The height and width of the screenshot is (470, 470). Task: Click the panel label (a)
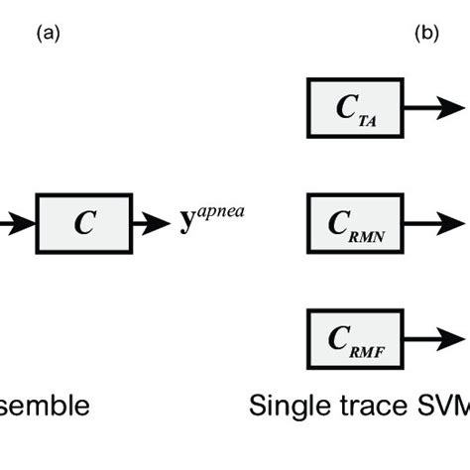tap(48, 33)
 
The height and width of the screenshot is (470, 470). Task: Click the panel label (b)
tap(425, 33)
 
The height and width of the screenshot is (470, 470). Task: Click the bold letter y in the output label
tap(185, 224)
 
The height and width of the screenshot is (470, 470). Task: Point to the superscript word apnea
tap(219, 213)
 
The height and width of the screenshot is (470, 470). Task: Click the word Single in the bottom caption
tap(285, 407)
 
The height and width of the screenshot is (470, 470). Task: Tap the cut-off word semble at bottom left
tap(45, 407)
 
